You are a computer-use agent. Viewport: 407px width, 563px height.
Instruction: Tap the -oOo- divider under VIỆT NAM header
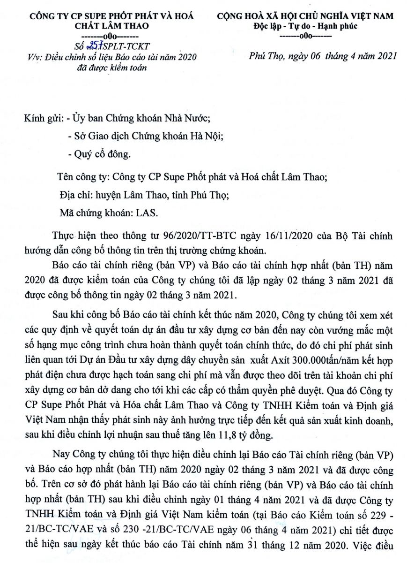point(305,36)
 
